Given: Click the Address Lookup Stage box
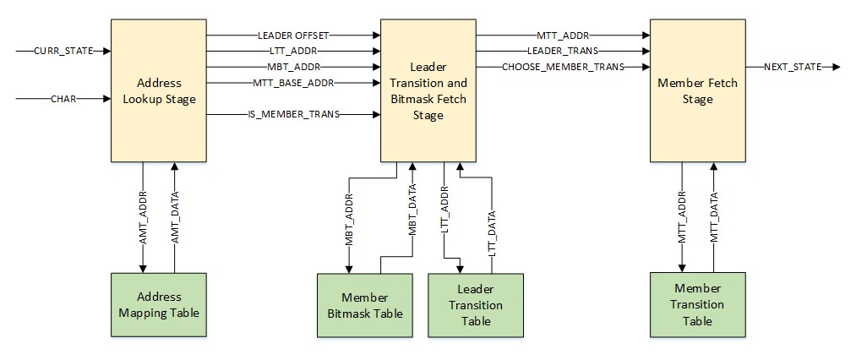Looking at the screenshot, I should click(x=159, y=90).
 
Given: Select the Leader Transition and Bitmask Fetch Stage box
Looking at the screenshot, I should click(x=428, y=90).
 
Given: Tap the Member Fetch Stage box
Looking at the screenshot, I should click(x=696, y=90).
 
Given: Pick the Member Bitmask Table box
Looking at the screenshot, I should click(x=364, y=305).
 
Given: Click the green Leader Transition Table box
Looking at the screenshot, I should click(x=475, y=305).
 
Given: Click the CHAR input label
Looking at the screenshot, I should click(x=63, y=99).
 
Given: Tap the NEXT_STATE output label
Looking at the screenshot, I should click(x=792, y=67).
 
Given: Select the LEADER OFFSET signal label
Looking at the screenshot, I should click(x=293, y=35).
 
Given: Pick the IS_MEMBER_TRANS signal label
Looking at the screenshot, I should click(x=293, y=114).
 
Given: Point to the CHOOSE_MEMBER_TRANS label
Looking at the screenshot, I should click(x=563, y=67).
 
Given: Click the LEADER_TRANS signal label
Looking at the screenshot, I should click(x=563, y=52).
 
